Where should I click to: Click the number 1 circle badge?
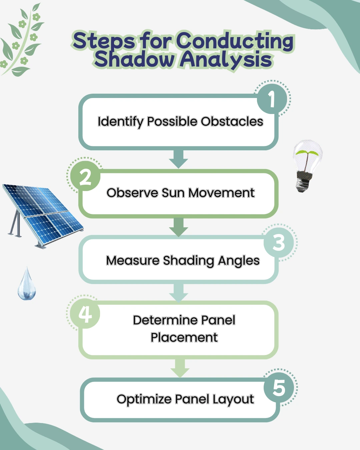(x=272, y=99)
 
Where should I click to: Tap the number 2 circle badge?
(x=85, y=177)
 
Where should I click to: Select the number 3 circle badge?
(x=279, y=242)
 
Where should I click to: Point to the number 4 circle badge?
(x=85, y=314)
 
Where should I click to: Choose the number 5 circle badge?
(x=279, y=388)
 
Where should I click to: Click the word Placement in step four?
(x=184, y=337)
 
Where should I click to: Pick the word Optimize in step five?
(x=144, y=399)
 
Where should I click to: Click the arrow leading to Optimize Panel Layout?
(x=180, y=368)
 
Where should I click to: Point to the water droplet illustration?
(x=27, y=285)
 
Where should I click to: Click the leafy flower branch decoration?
(x=22, y=40)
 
